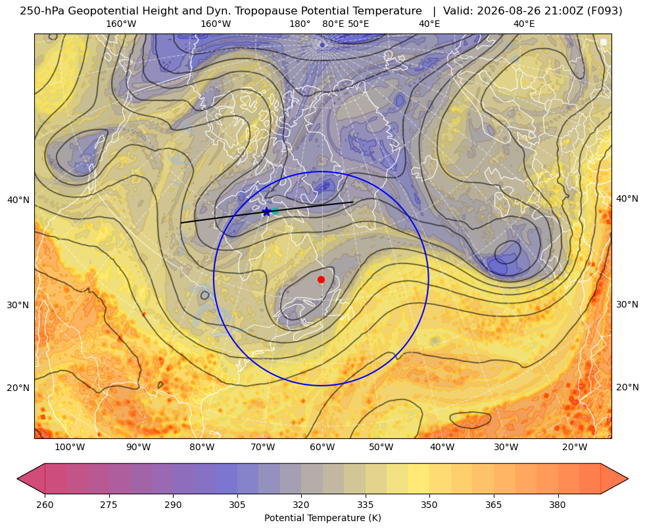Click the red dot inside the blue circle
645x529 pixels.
tap(321, 279)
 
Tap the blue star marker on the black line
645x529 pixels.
tap(266, 212)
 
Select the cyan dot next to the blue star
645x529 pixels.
tap(275, 211)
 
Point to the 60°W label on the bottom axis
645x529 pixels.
tap(322, 448)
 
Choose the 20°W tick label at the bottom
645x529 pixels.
tap(575, 448)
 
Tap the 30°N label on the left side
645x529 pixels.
tap(18, 306)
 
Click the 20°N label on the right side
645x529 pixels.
tap(627, 387)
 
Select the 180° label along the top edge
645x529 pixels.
tap(300, 24)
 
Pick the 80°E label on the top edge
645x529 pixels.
tap(333, 24)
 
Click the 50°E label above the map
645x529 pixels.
tap(358, 24)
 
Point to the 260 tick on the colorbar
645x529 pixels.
tap(45, 505)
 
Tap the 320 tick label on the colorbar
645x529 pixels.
tap(301, 505)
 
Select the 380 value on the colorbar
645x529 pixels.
tap(558, 505)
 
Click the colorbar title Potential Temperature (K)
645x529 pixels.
tap(322, 518)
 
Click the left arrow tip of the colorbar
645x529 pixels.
tap(17, 478)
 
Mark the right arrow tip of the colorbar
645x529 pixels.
tap(628, 478)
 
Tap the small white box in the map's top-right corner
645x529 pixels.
tap(604, 42)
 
